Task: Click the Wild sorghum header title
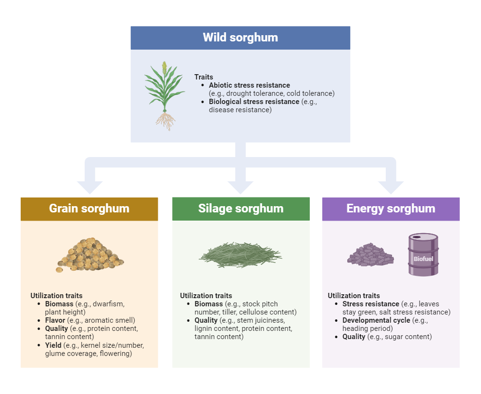pyautogui.click(x=240, y=38)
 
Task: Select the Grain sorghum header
pyautogui.click(x=89, y=209)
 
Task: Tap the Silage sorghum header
pyautogui.click(x=241, y=209)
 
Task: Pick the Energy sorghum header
pyautogui.click(x=391, y=209)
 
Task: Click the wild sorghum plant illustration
pyautogui.click(x=165, y=96)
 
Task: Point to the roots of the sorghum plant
pyautogui.click(x=165, y=121)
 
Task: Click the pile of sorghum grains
pyautogui.click(x=89, y=255)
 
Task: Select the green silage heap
pyautogui.click(x=240, y=255)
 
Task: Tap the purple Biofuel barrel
pyautogui.click(x=423, y=254)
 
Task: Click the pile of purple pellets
pyautogui.click(x=370, y=255)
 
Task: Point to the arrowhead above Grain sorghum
pyautogui.click(x=89, y=187)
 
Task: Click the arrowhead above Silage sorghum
pyautogui.click(x=240, y=187)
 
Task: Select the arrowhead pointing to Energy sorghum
pyautogui.click(x=391, y=187)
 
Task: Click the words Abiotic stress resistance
pyautogui.click(x=249, y=85)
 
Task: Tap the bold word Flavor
pyautogui.click(x=55, y=320)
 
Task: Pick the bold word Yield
pyautogui.click(x=53, y=345)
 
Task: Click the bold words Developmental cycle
pyautogui.click(x=376, y=320)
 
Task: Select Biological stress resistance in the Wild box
pyautogui.click(x=254, y=102)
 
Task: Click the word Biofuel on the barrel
pyautogui.click(x=423, y=259)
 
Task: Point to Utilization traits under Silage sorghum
pyautogui.click(x=206, y=296)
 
